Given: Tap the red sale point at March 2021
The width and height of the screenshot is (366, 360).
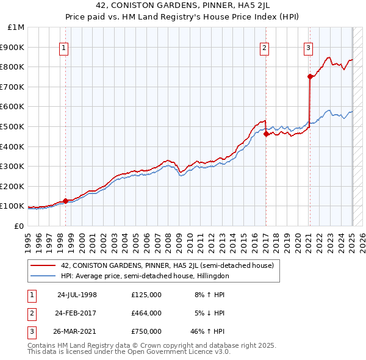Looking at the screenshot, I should point(310,76).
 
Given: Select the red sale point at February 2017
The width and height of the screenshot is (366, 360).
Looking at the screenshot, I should point(266,134).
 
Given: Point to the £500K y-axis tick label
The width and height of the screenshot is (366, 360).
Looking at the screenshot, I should point(12,126).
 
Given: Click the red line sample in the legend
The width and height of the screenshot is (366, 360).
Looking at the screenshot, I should point(43,266).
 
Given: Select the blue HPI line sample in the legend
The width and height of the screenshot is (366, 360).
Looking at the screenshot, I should point(43,276).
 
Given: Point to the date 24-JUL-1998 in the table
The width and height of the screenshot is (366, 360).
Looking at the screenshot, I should point(77,294).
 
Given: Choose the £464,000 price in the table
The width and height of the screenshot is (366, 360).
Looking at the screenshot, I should point(146,313).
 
